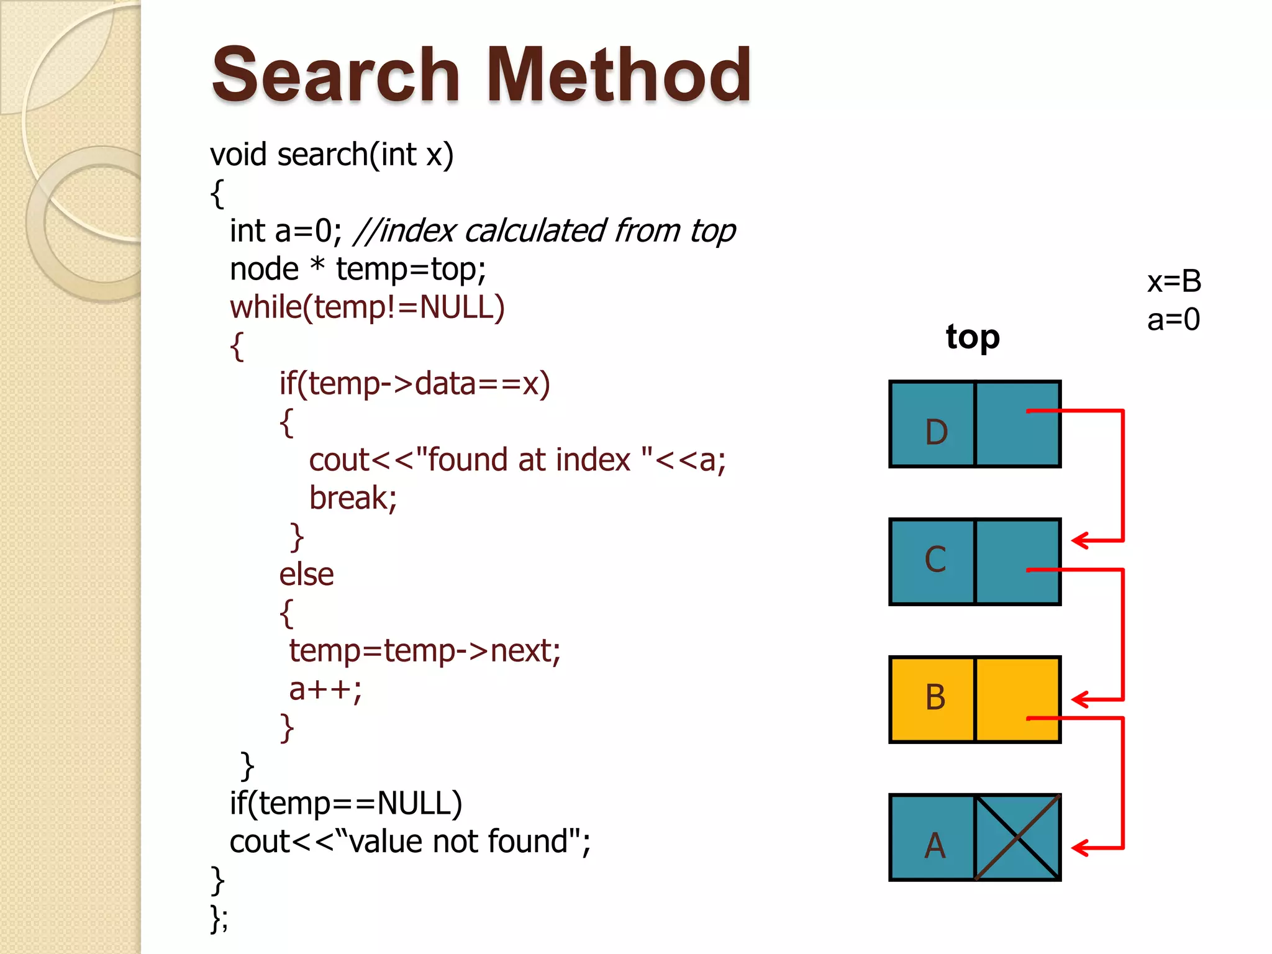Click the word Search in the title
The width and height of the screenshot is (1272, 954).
(x=336, y=76)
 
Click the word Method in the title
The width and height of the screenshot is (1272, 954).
(x=619, y=76)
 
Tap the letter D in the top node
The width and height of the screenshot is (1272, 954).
(x=936, y=432)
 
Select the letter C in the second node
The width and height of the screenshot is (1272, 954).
(x=935, y=559)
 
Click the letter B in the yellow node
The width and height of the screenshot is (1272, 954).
(x=935, y=697)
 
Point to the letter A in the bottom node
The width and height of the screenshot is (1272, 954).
(x=935, y=845)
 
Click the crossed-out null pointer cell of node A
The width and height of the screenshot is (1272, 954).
(x=1017, y=837)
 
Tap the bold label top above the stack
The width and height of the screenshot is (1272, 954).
(x=973, y=337)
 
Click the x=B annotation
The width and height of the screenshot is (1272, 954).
(x=1174, y=281)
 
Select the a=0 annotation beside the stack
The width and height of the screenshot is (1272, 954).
(x=1173, y=320)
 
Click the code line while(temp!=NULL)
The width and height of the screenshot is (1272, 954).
(x=367, y=307)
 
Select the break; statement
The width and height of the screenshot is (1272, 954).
(x=353, y=498)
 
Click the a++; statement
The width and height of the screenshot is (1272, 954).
(x=325, y=689)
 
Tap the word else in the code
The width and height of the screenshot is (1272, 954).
(x=306, y=575)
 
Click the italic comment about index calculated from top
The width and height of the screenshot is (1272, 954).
(x=545, y=231)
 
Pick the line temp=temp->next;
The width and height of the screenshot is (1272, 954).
(x=425, y=651)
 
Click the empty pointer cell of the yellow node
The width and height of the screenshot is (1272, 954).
(x=1017, y=699)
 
